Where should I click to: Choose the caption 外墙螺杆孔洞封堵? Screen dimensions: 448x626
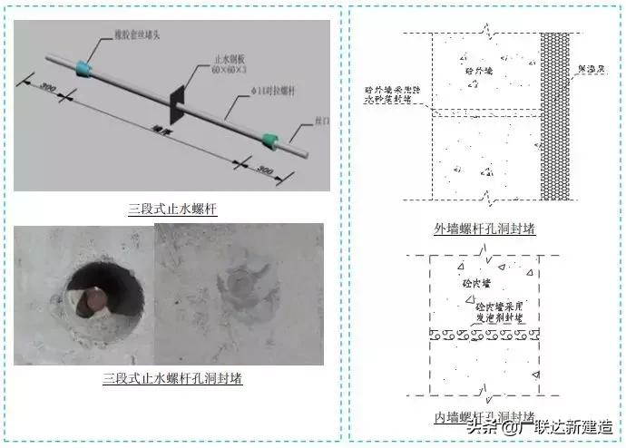484,229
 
